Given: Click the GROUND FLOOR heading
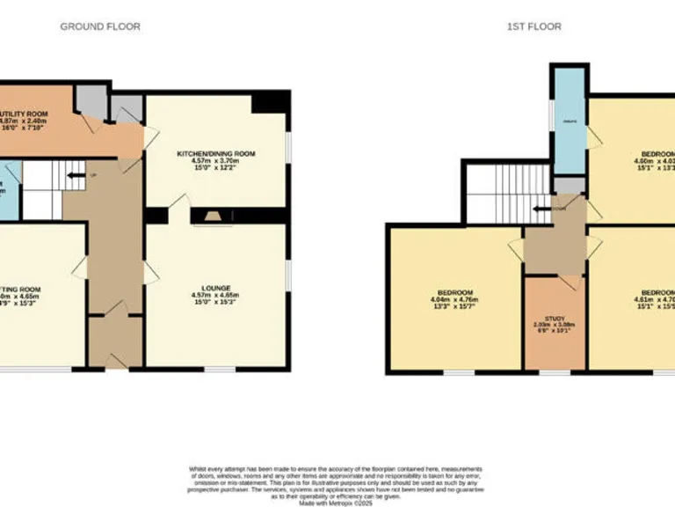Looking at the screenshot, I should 99,26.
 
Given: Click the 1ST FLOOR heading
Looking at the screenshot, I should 533,26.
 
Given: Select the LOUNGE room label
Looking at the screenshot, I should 215,288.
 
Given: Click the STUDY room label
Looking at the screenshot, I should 554,318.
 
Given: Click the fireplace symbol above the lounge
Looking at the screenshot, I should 211,217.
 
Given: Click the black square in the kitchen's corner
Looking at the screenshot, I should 269,102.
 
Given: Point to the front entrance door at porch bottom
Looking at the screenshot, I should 114,358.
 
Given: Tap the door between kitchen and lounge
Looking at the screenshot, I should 179,203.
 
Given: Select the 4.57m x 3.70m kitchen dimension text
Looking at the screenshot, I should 215,162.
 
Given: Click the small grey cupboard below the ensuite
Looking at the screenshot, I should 568,184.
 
